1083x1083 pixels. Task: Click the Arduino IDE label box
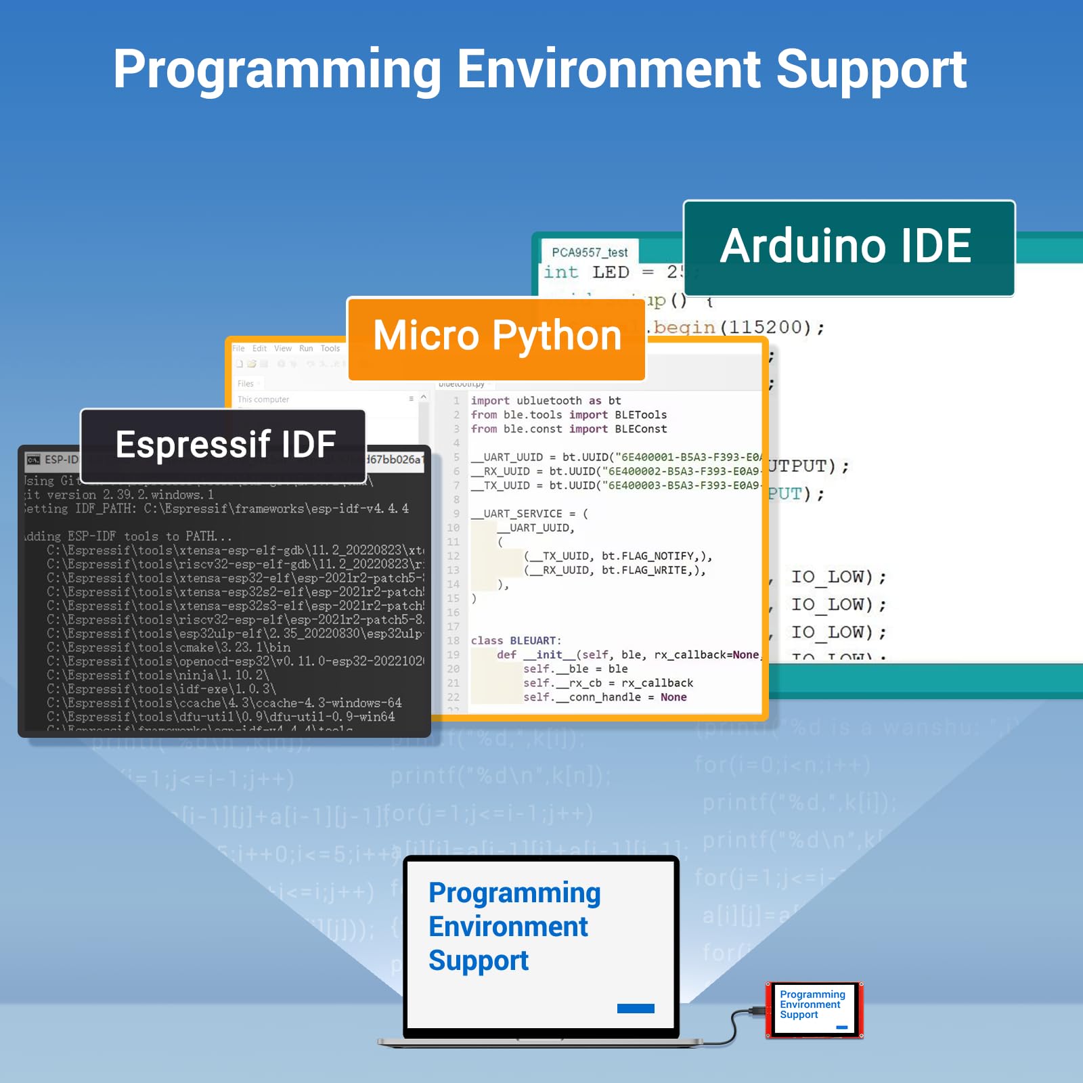click(x=849, y=248)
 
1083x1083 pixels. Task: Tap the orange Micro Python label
click(x=497, y=337)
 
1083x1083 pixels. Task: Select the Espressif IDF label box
click(x=223, y=445)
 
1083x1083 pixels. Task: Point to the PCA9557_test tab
click(x=590, y=252)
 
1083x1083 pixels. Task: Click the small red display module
click(x=814, y=1009)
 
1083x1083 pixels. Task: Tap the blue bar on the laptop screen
click(x=636, y=1009)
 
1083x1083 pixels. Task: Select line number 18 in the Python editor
click(x=453, y=640)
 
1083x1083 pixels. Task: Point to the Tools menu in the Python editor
click(x=330, y=349)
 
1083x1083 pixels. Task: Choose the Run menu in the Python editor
click(x=306, y=349)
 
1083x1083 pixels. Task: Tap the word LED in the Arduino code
click(x=611, y=272)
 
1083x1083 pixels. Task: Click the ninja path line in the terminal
click(x=158, y=675)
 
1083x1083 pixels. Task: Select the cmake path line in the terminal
click(x=169, y=647)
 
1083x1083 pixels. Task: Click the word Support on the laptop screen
click(x=479, y=961)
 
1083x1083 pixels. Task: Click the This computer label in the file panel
click(x=263, y=399)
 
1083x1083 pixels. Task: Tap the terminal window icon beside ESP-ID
click(x=33, y=460)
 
